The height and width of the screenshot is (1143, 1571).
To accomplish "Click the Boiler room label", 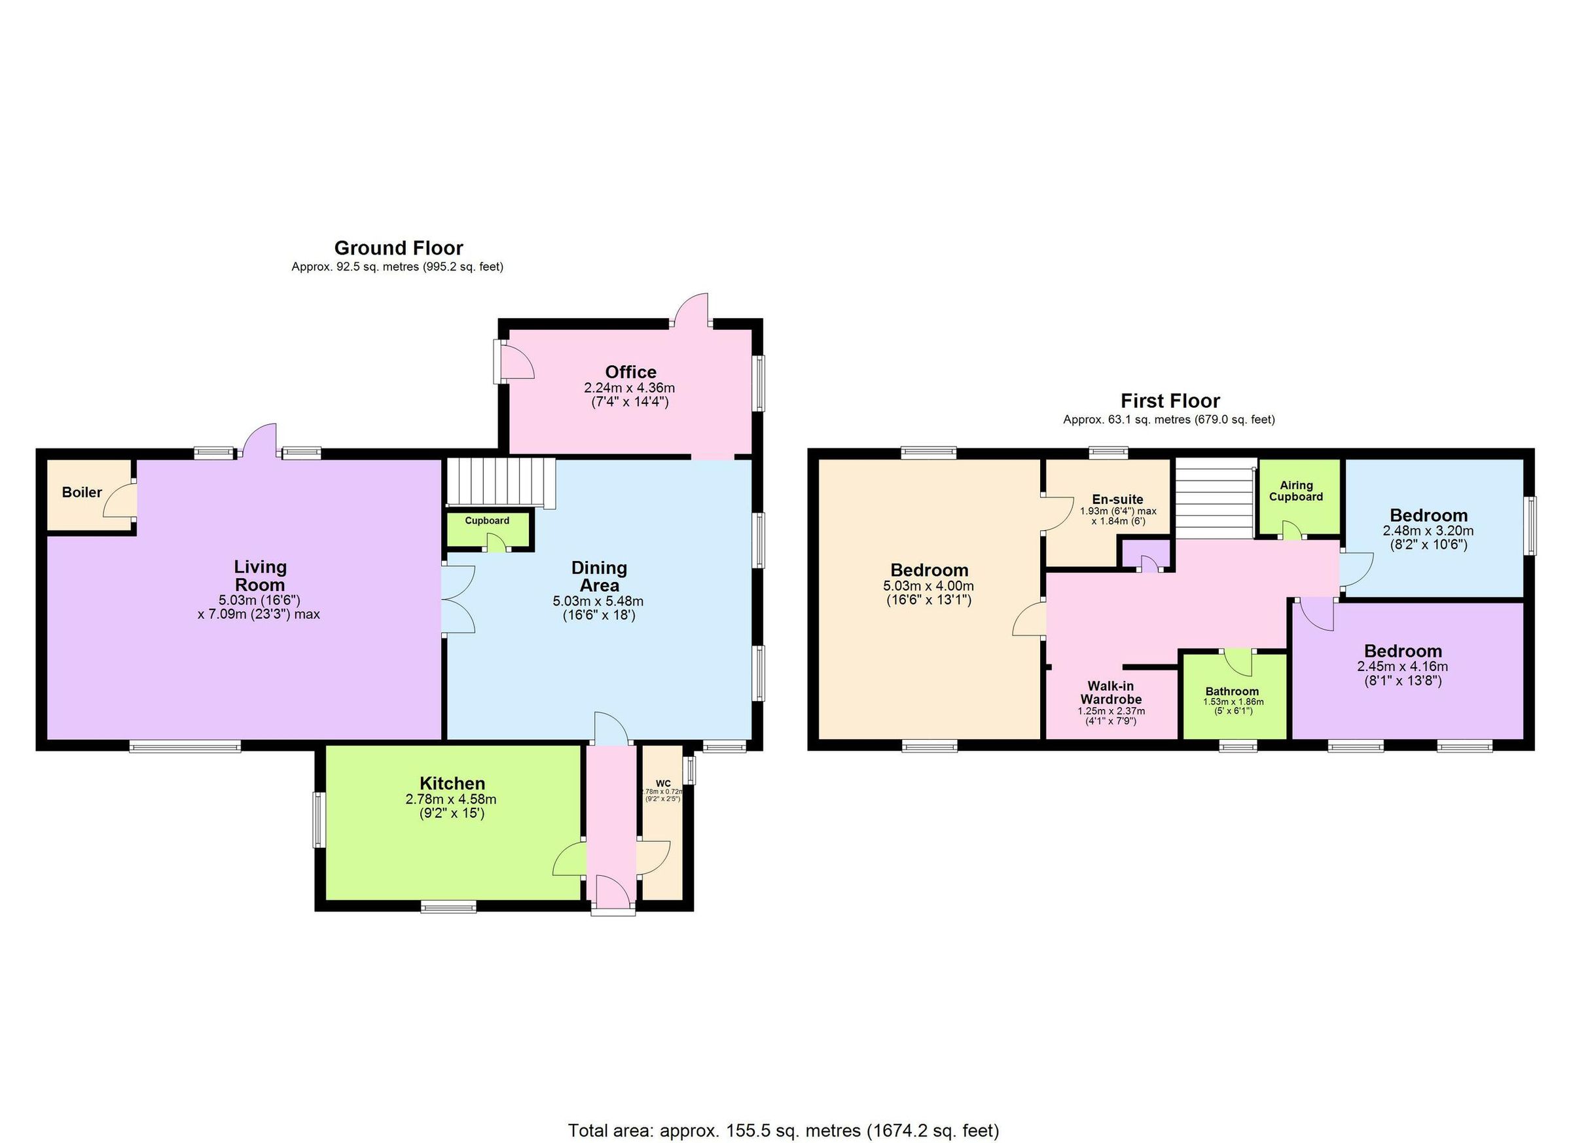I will [82, 492].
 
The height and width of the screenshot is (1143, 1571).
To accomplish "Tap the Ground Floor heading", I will [398, 248].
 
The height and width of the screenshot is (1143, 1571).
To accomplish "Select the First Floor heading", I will [1170, 401].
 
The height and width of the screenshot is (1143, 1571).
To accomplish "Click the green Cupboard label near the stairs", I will [487, 521].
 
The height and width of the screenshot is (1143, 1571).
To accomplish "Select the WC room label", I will [663, 784].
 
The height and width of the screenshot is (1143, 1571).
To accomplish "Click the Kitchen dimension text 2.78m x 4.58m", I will [451, 799].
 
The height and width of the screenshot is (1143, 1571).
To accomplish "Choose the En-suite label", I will [1117, 499].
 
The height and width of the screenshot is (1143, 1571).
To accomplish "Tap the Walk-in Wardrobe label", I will [1110, 693].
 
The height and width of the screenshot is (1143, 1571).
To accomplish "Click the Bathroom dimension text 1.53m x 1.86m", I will [1233, 702].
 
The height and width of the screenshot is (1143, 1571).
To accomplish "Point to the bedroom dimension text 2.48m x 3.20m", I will [1428, 531].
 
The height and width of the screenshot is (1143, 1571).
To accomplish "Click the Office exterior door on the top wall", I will [691, 311].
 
